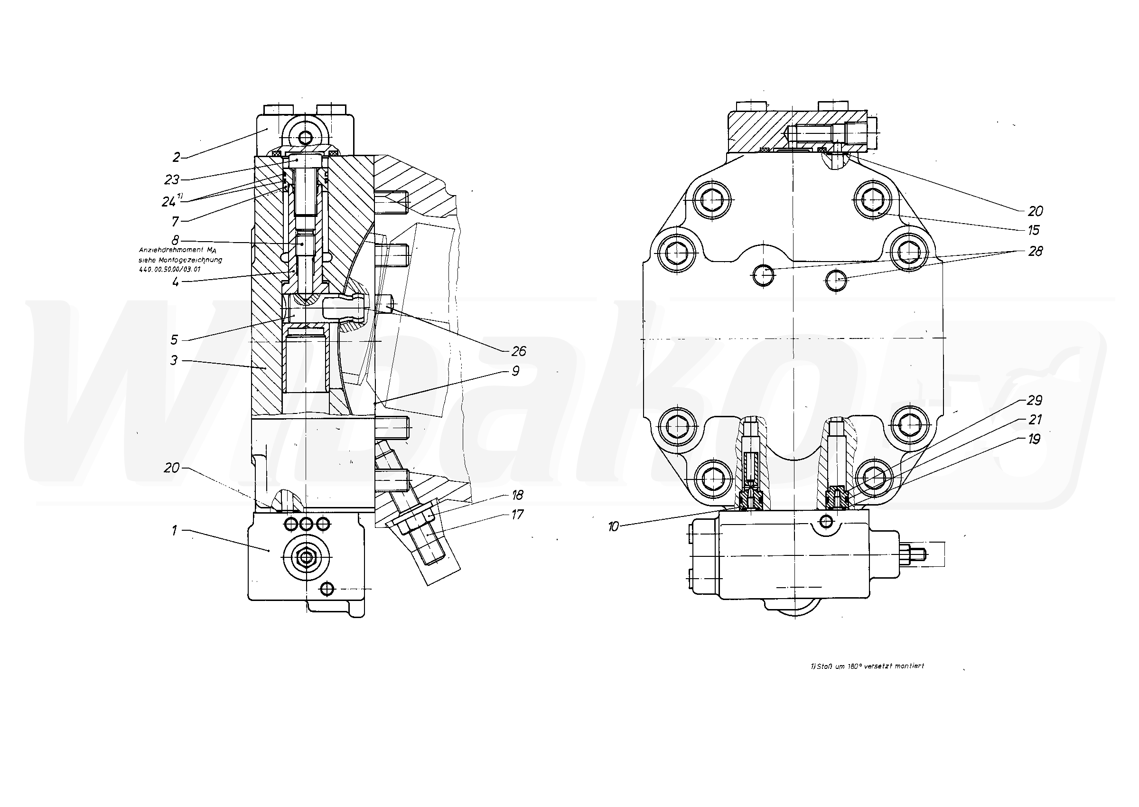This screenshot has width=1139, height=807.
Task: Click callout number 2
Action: click(x=177, y=158)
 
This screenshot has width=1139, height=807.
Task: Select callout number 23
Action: click(x=172, y=179)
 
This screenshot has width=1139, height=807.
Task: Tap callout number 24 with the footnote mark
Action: click(x=170, y=201)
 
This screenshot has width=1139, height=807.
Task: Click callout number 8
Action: click(x=175, y=241)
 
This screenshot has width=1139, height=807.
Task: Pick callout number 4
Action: click(x=175, y=282)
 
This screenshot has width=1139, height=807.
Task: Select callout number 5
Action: click(x=174, y=339)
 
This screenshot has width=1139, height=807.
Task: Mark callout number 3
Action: click(x=174, y=360)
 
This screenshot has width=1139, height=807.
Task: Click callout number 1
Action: click(x=174, y=531)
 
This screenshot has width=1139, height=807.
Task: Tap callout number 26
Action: click(x=518, y=351)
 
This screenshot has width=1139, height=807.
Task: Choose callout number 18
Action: click(x=517, y=495)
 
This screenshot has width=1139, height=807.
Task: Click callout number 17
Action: click(x=517, y=514)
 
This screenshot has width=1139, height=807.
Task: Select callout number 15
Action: click(x=1033, y=230)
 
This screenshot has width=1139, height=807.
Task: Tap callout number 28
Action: click(x=1035, y=251)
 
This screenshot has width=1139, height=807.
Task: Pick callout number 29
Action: click(x=1035, y=400)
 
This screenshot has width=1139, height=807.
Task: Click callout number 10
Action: click(x=614, y=527)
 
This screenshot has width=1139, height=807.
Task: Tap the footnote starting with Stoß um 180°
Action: click(x=867, y=666)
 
